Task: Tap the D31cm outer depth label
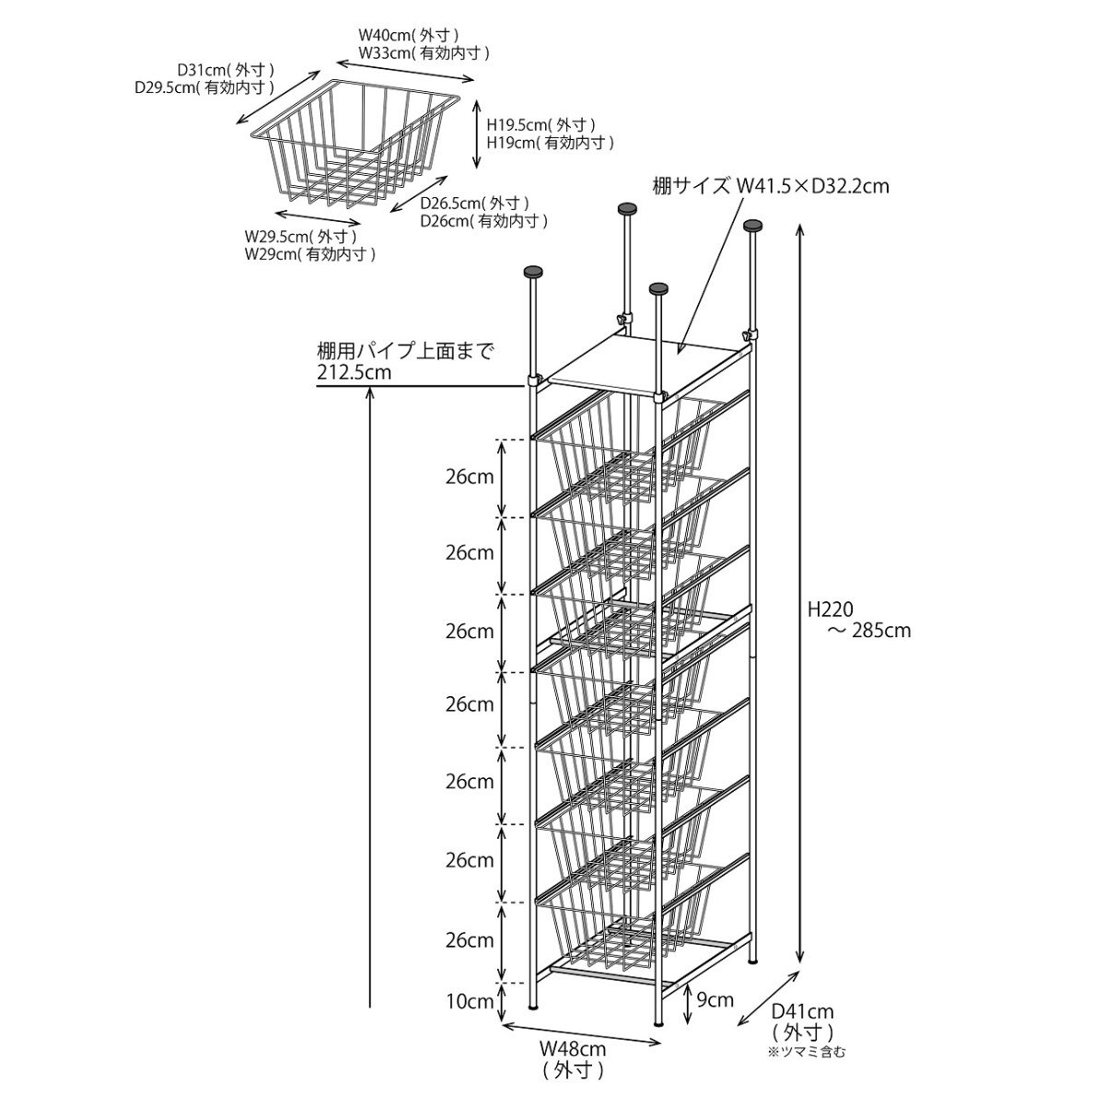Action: tap(226, 70)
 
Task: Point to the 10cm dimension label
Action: tap(470, 1002)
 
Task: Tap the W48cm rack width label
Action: tap(572, 1048)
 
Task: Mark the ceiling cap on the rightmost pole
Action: tap(754, 225)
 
